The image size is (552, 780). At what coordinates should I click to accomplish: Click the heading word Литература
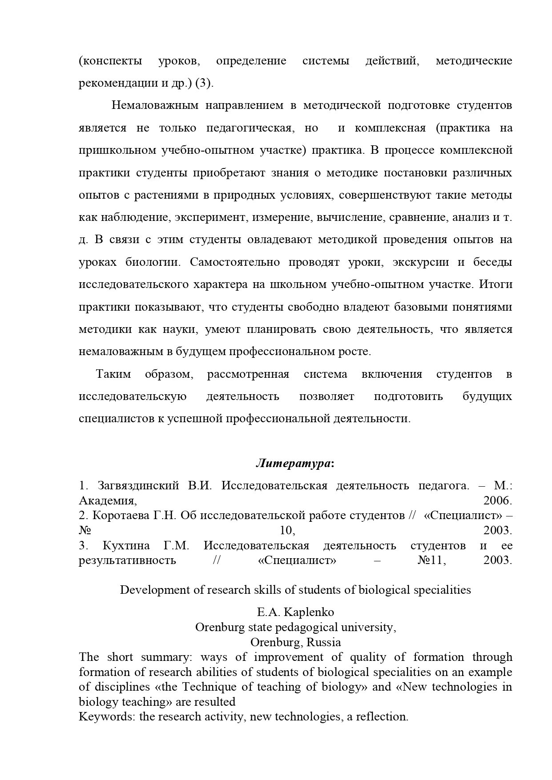pos(293,464)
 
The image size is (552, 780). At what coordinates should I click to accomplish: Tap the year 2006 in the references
pos(497,500)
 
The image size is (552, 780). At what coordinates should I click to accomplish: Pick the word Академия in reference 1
pos(107,500)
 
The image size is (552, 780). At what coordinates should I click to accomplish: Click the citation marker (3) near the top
pos(204,83)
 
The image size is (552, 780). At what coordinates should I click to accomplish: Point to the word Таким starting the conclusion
pos(113,374)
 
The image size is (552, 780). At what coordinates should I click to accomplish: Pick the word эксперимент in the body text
pos(211,217)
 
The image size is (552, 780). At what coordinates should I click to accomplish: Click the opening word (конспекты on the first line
pos(110,61)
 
